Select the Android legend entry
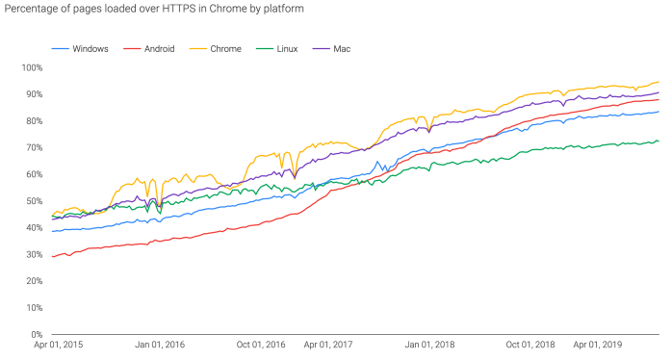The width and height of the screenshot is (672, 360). click(x=158, y=47)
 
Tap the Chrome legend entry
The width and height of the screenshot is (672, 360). click(x=227, y=47)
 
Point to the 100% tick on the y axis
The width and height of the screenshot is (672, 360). click(x=32, y=67)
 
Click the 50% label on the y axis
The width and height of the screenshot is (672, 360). click(x=34, y=201)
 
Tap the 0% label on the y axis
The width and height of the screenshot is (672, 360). click(x=37, y=334)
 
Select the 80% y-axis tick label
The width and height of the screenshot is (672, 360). click(x=34, y=121)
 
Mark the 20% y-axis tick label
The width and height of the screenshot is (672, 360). click(x=34, y=281)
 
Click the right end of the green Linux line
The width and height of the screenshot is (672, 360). click(x=659, y=141)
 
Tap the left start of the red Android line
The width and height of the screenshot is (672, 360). click(x=52, y=256)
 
